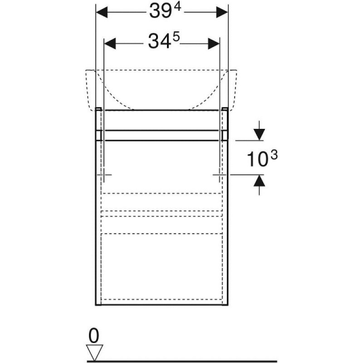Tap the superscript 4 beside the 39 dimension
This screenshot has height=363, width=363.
coord(177,8)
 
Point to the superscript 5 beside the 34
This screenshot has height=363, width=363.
coord(176,37)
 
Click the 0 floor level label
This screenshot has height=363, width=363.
coord(94,336)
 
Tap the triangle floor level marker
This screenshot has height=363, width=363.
coord(94,353)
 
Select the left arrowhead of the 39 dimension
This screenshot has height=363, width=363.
coord(102,12)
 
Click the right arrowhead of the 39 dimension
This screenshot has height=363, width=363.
coord(222,12)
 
